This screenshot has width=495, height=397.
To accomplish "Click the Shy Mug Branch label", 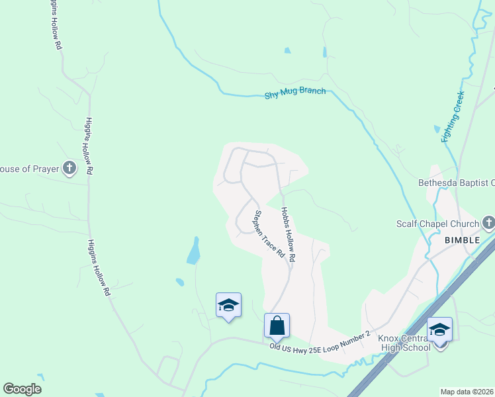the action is tap(295, 93).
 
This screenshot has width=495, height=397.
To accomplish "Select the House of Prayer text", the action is tap(30, 169).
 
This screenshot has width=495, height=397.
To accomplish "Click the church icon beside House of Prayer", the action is tap(69, 169).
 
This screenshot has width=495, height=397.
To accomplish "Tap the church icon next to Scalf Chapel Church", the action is tap(488, 222).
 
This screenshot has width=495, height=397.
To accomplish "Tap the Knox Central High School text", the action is tap(404, 343).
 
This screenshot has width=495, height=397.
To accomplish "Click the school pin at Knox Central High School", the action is tap(439, 330).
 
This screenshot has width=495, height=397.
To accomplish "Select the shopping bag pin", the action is tap(277, 326).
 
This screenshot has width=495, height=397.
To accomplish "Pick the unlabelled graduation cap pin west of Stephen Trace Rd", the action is tap(228, 305).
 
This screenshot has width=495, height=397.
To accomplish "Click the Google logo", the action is tap(22, 389).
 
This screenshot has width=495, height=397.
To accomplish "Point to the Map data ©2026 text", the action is tap(467, 392).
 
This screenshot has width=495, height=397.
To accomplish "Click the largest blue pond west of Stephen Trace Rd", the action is tap(193, 251).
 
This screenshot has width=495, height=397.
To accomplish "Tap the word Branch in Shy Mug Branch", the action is tap(312, 91).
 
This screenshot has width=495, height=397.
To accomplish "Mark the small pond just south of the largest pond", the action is tap(179, 283).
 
